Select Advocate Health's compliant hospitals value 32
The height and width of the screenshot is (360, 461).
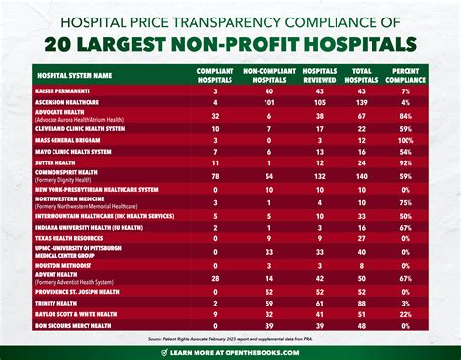(214, 114)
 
